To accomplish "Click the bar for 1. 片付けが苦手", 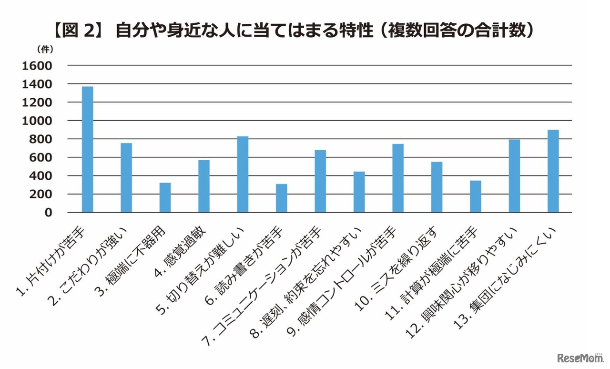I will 87,149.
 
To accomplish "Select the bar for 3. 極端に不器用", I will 165,197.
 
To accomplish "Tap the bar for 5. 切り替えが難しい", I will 243,174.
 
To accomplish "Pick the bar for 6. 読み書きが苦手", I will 281,198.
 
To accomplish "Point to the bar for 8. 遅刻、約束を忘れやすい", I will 359,192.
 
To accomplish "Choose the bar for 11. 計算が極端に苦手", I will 475,196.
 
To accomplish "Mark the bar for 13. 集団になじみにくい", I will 553,171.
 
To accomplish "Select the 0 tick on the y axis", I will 48,213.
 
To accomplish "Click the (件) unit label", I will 45,49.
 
